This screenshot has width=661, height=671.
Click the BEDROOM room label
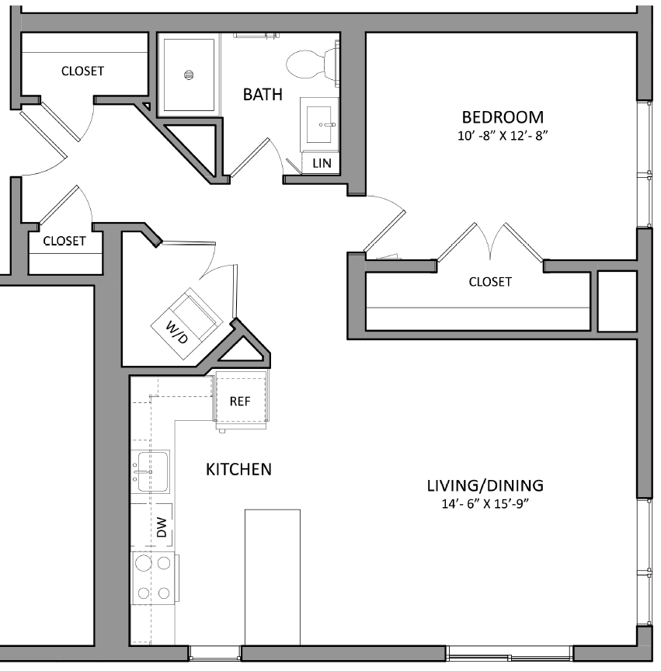(502, 117)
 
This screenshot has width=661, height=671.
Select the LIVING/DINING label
(485, 486)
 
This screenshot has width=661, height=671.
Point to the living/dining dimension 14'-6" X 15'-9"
(485, 503)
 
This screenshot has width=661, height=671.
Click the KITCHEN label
(238, 469)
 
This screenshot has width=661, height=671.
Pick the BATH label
(263, 95)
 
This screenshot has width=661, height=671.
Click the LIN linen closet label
(322, 163)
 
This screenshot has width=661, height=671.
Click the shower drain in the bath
(187, 75)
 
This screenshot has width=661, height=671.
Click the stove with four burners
(153, 579)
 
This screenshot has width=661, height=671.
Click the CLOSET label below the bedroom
(490, 282)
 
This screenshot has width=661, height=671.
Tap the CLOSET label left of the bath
(82, 71)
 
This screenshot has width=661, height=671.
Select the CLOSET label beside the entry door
(64, 241)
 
